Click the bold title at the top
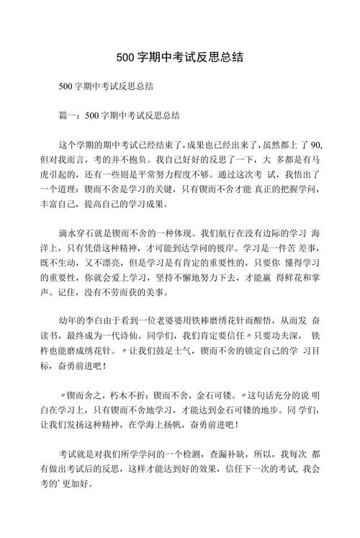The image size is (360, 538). pyautogui.click(x=179, y=57)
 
